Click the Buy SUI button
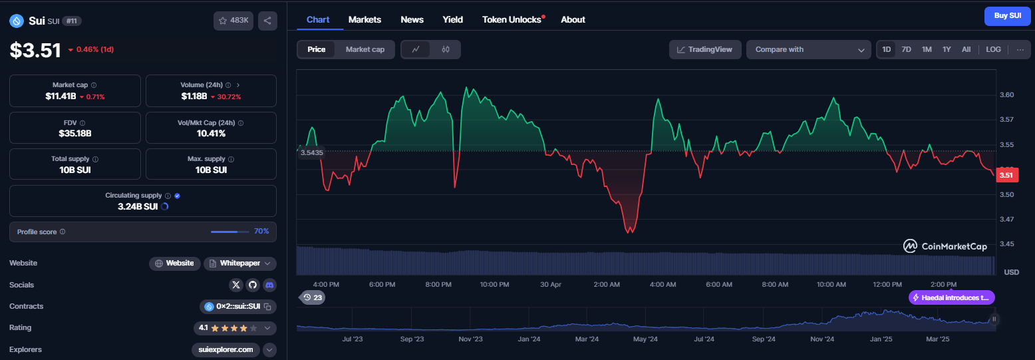1007,16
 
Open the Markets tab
365,19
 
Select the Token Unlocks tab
512,19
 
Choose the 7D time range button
906,49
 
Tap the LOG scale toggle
993,49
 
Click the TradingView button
705,49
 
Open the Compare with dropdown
809,49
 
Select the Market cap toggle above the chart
365,49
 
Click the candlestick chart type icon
446,49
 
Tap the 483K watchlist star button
233,21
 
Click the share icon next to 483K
267,21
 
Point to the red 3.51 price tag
1007,175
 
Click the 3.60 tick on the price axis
1007,94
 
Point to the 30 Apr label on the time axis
551,284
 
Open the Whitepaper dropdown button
240,264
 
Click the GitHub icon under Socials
253,285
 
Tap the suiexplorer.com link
225,350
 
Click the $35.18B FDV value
75,134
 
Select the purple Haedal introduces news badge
951,297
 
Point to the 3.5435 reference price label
311,152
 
